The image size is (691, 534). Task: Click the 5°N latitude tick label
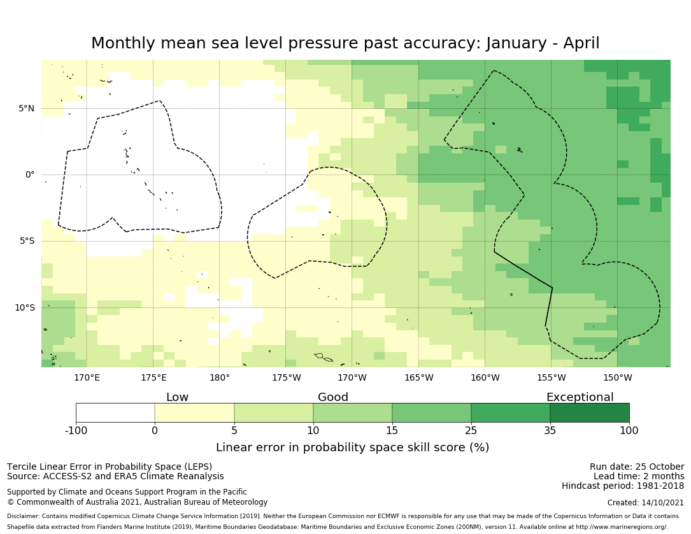click(26, 108)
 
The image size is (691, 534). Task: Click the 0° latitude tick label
click(30, 174)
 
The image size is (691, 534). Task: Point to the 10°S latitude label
click(24, 307)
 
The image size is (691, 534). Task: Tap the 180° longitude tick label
click(220, 378)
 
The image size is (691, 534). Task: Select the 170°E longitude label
click(87, 378)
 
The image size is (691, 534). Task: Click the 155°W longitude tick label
click(551, 378)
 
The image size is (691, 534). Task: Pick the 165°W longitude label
click(418, 378)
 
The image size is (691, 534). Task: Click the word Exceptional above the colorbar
click(580, 397)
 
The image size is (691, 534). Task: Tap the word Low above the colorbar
click(177, 397)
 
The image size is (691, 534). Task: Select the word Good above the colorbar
click(333, 397)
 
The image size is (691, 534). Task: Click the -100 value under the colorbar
click(76, 430)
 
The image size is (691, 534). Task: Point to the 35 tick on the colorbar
click(550, 430)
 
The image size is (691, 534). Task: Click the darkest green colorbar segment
click(590, 413)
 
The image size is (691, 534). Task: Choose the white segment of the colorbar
click(115, 413)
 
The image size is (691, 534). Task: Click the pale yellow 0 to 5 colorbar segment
click(194, 413)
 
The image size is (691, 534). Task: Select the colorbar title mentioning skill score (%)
click(352, 447)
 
